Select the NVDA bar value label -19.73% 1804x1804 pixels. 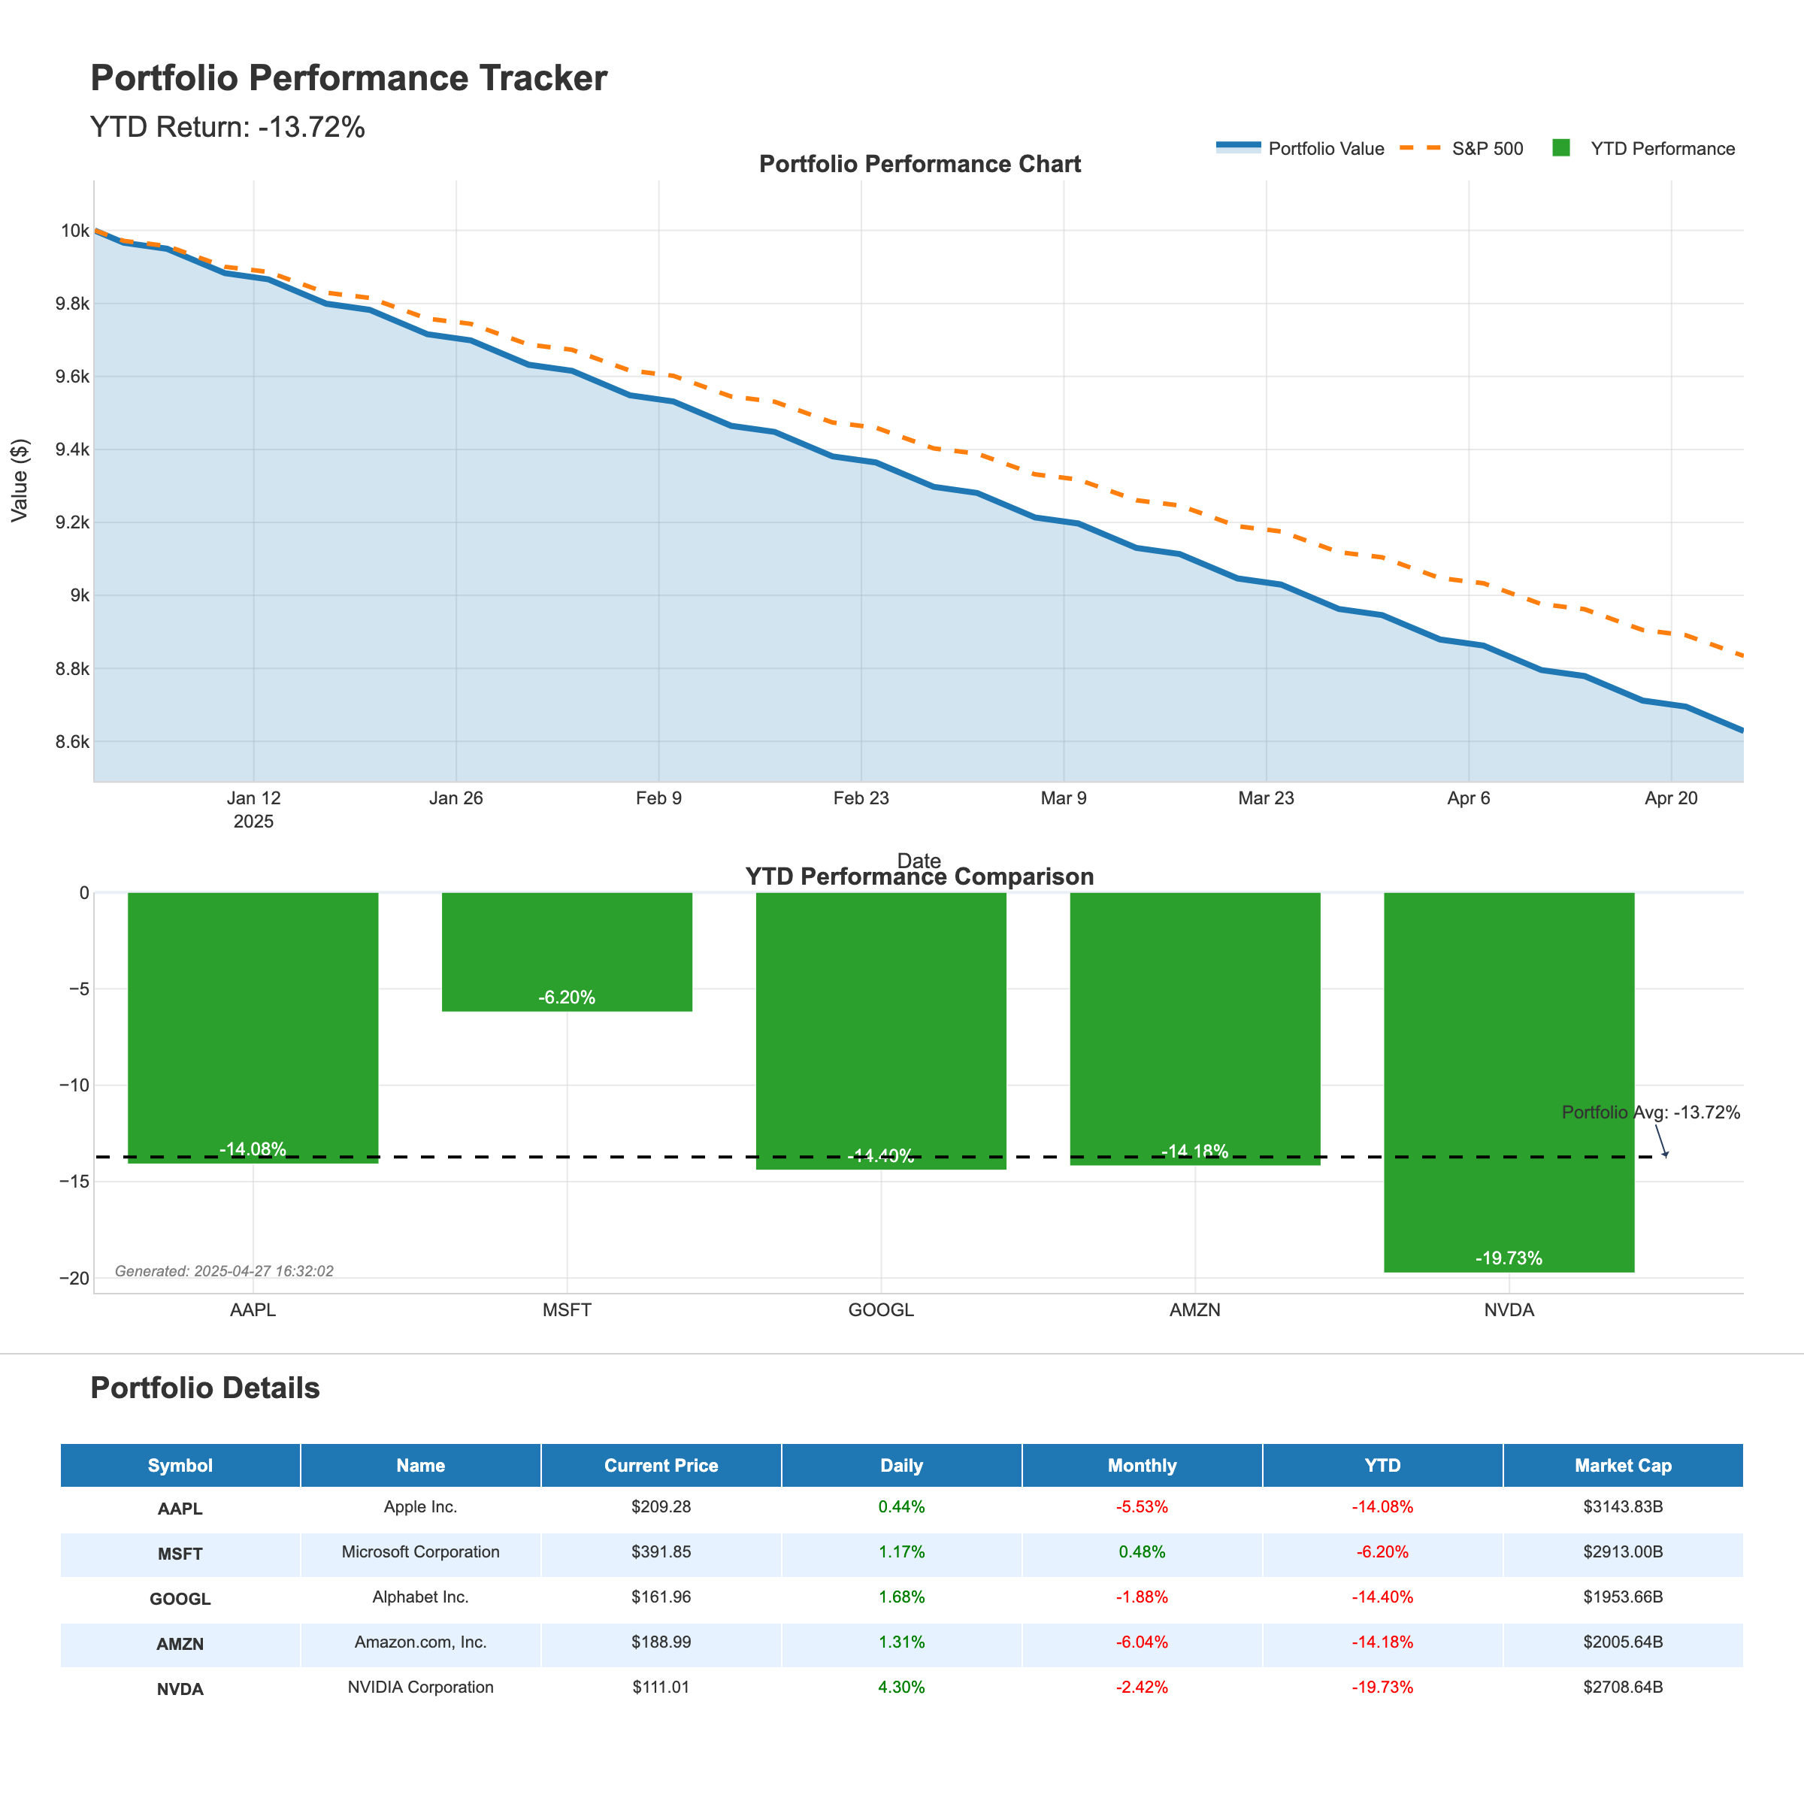pos(1508,1258)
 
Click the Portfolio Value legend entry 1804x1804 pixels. pos(1325,149)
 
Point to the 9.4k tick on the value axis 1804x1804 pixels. pos(73,449)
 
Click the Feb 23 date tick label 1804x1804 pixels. pos(861,798)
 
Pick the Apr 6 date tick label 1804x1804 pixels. pos(1468,798)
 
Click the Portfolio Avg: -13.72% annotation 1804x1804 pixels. pos(1650,1112)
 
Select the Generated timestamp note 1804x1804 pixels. pos(224,1271)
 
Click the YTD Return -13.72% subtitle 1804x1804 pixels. pos(227,127)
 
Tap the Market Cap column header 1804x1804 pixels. pos(1622,1465)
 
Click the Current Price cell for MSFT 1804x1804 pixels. pos(661,1552)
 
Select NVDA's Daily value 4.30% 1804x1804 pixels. pos(901,1687)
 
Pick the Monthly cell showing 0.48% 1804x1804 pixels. pos(1141,1552)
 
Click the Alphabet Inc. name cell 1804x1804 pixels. pos(420,1597)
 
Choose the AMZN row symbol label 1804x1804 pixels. pos(180,1643)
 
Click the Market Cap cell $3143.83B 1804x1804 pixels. pos(1622,1506)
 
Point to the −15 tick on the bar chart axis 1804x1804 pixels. pos(73,1181)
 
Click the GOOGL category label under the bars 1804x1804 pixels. pos(880,1310)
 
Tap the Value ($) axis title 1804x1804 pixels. pos(20,480)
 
